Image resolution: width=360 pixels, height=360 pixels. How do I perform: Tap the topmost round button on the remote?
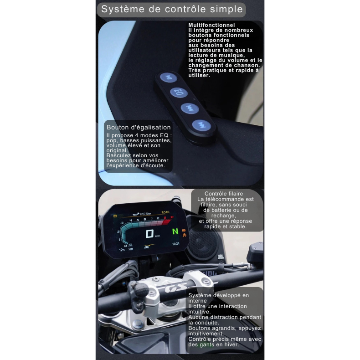tap(169, 77)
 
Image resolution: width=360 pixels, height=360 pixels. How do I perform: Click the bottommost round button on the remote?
tap(201, 125)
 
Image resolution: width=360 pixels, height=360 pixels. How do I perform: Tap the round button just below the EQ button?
tap(190, 108)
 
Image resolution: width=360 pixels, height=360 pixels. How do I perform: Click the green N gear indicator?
tap(175, 231)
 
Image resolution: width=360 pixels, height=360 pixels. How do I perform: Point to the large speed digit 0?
tap(149, 234)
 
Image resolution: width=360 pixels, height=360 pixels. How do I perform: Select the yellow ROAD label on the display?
tap(165, 212)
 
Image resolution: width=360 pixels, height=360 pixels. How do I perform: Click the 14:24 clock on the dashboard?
tap(175, 244)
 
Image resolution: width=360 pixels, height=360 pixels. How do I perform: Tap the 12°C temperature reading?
tap(122, 250)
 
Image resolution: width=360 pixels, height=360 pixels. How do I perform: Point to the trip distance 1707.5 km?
tap(145, 214)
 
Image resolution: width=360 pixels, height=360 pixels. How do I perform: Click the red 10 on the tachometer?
tap(172, 217)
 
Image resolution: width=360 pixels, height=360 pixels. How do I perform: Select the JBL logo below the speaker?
tap(221, 257)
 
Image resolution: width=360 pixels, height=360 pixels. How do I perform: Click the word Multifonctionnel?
tap(211, 25)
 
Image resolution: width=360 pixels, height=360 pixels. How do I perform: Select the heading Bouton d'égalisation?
tap(139, 128)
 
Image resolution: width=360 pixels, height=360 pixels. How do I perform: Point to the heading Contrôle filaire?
tap(224, 194)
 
